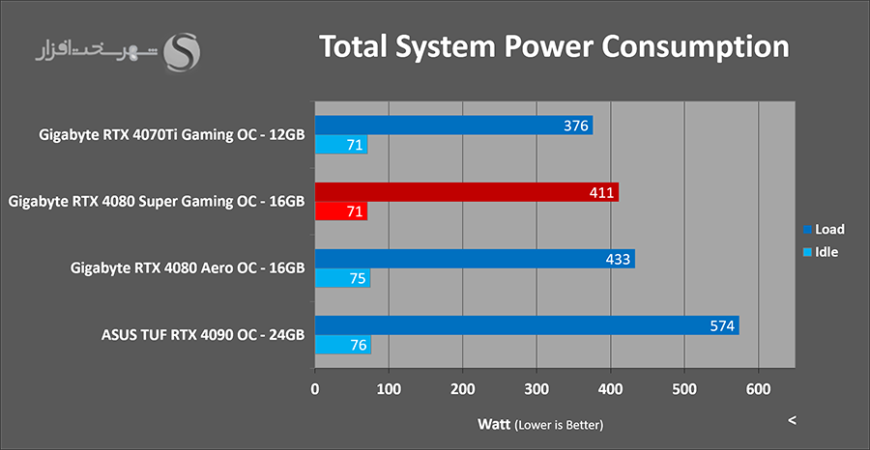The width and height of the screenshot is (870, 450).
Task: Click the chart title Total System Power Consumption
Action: (554, 46)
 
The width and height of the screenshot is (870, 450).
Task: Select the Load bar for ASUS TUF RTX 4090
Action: (527, 325)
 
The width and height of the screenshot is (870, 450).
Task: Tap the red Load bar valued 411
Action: (466, 192)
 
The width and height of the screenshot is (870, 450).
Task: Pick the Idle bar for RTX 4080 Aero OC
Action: (342, 278)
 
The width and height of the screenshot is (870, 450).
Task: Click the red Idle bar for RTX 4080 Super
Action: (340, 211)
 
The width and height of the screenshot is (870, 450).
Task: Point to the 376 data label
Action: (576, 126)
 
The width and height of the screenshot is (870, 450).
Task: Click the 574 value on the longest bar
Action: (722, 325)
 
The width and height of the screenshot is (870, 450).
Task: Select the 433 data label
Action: (618, 259)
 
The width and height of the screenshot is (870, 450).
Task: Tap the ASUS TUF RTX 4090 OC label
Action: (203, 335)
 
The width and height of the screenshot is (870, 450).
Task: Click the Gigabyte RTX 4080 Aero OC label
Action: (188, 268)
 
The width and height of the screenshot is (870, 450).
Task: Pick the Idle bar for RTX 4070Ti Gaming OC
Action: (340, 145)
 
